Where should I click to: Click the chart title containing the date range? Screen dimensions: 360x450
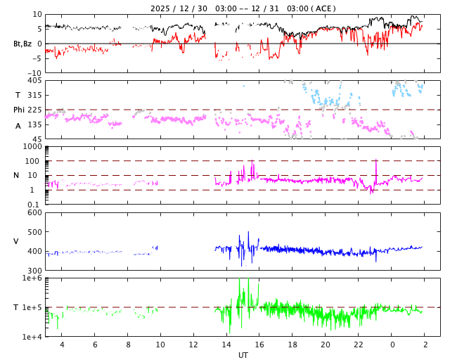[x=243, y=8]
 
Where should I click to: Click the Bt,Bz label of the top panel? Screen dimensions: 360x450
[x=22, y=44]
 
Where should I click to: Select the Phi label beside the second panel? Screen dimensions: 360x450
[x=19, y=110]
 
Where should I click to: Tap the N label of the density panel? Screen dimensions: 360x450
[x=16, y=175]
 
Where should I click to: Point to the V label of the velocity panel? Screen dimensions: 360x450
[x=16, y=241]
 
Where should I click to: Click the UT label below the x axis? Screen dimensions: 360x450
[x=243, y=355]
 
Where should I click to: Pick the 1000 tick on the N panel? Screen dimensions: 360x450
[x=32, y=146]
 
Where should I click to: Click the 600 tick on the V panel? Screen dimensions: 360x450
[x=34, y=212]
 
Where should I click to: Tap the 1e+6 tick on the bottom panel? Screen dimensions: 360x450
[x=32, y=278]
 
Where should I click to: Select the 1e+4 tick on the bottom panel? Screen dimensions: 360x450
[x=32, y=337]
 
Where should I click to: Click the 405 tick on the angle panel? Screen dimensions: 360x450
[x=34, y=80]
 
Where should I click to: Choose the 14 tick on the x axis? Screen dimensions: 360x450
[x=226, y=345]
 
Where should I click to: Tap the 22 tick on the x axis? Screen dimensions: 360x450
[x=359, y=345]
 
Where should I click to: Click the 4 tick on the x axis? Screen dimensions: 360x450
[x=62, y=345]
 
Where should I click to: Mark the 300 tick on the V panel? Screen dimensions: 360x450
[x=34, y=271]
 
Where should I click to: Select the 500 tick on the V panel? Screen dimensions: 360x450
[x=34, y=232]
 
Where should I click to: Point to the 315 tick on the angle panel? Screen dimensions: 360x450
[x=34, y=95]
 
